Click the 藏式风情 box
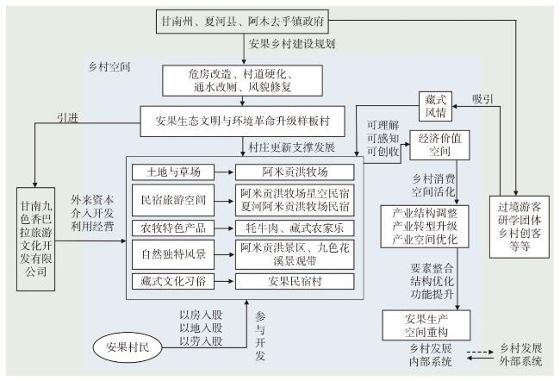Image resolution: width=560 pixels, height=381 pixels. coord(432,106)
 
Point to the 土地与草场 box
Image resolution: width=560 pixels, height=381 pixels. coord(177,172)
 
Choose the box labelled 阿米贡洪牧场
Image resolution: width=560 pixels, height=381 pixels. coord(296,172)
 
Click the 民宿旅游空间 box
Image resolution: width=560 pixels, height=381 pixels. coord(177,200)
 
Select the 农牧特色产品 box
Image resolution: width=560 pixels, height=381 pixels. coord(177,228)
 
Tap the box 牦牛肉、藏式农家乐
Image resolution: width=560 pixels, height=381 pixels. coord(296,228)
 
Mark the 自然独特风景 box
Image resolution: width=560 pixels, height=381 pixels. coord(177,255)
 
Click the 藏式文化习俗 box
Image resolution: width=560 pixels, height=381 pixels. coord(177,282)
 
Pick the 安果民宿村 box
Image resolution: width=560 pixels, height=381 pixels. coord(296,282)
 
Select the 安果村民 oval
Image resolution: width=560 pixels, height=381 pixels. coord(127,348)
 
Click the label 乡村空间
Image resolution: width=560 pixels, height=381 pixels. coord(109,66)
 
